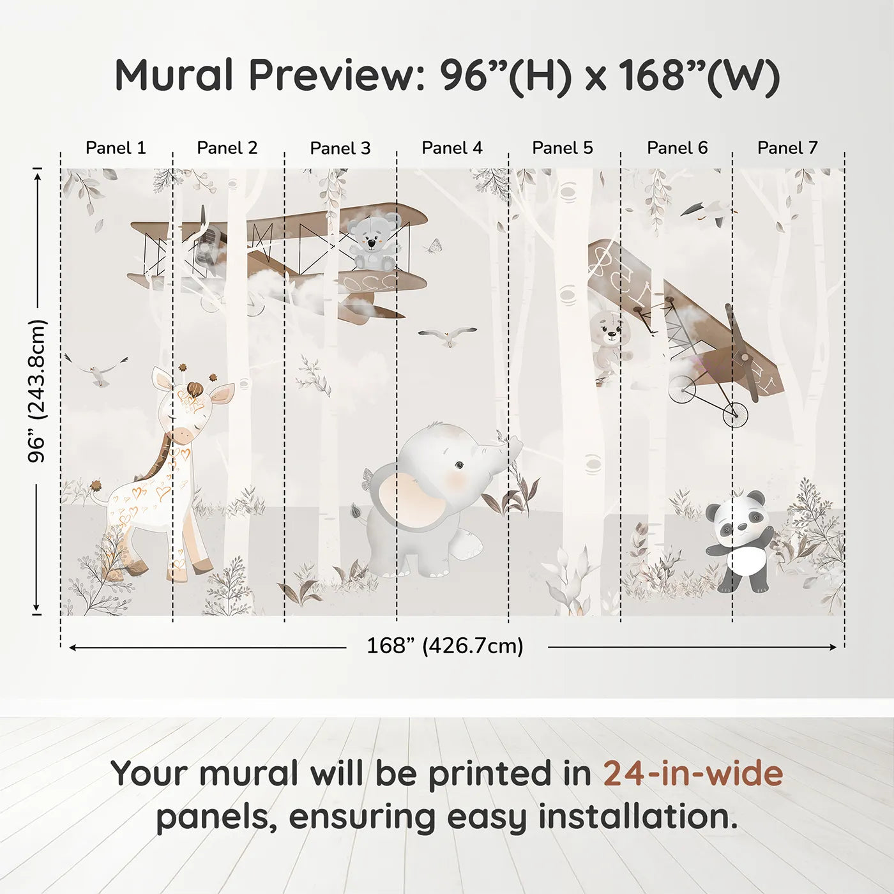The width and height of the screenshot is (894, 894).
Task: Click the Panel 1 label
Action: coord(116,148)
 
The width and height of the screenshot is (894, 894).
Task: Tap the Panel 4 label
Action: coord(452,148)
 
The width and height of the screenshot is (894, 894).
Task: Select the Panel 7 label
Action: coord(787,148)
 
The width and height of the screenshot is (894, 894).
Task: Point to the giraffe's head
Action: coord(192,409)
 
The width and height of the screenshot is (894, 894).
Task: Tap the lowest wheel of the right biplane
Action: coord(735,415)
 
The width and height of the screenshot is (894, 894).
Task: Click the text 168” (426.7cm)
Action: coord(445,646)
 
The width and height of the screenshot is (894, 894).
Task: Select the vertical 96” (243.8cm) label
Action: coord(37,391)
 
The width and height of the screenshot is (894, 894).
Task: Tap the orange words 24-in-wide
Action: coord(693,774)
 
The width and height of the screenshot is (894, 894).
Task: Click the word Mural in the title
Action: coord(174,75)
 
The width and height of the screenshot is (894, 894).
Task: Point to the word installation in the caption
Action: coord(637,817)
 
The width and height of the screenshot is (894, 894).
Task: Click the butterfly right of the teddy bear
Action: coord(434,246)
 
